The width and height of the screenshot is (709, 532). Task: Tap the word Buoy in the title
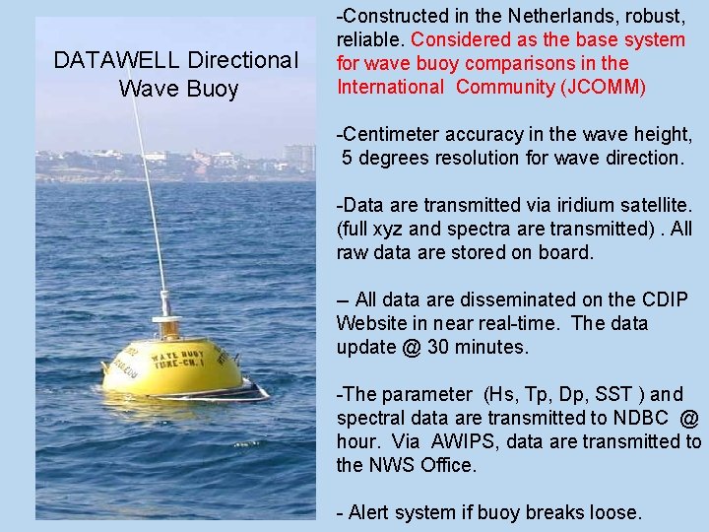(213, 89)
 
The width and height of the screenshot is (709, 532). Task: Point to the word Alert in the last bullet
(369, 512)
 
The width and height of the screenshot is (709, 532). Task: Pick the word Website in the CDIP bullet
(371, 323)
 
